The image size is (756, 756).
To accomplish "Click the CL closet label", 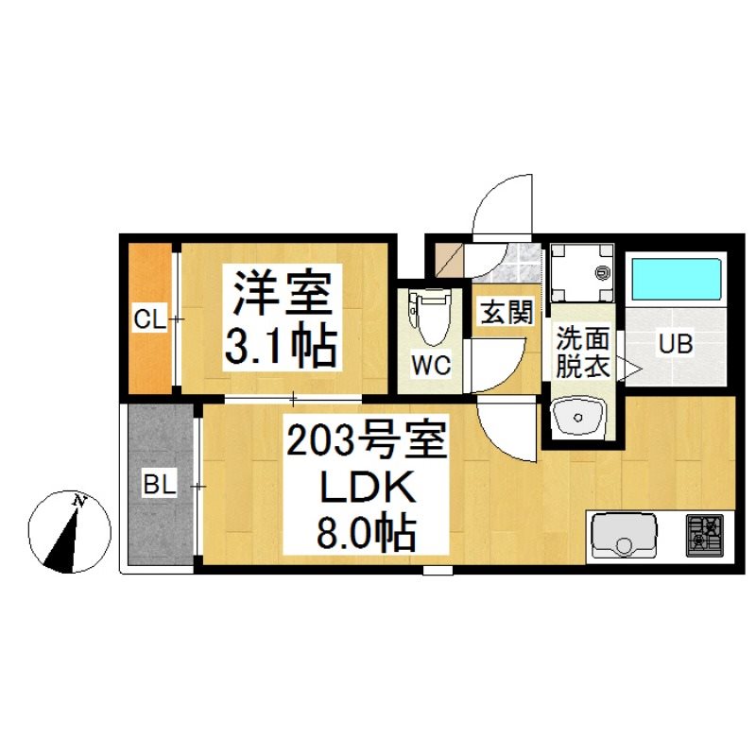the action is (x=149, y=319).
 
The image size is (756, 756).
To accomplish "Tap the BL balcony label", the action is (x=160, y=485).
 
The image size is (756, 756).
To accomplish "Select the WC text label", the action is (x=431, y=365).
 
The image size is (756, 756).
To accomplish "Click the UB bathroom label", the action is (x=676, y=344).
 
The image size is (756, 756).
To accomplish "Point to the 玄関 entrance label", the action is (x=507, y=312).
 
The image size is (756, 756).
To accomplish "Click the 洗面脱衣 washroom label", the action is (x=583, y=352).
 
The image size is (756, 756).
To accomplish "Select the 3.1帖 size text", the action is (x=281, y=347).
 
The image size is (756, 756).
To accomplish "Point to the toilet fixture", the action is (x=430, y=316).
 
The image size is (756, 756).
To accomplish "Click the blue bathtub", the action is (x=676, y=279).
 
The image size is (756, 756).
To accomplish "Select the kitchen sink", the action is (x=624, y=537).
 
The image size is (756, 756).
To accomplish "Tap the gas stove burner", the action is (x=704, y=536).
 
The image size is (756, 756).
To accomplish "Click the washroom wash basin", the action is (x=578, y=415).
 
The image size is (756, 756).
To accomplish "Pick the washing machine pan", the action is (x=582, y=272).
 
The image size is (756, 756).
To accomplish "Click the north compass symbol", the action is (x=70, y=532).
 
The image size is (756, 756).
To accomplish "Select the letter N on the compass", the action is (x=78, y=501).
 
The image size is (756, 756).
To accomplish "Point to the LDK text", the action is (x=367, y=488).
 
